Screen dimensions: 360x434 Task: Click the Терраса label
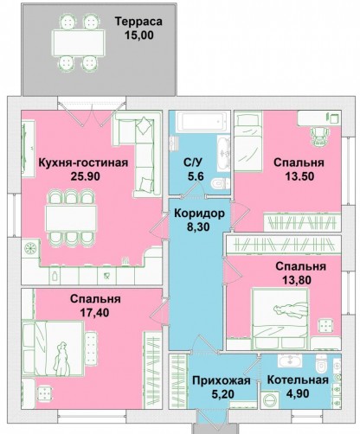(x=138, y=22)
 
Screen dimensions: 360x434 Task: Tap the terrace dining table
(x=78, y=42)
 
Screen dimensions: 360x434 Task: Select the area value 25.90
(x=86, y=176)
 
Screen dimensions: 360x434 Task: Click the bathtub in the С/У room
(x=200, y=122)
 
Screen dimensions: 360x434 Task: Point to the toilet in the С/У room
(x=220, y=183)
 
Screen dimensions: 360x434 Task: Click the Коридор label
(x=199, y=214)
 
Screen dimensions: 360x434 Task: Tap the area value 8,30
(x=198, y=227)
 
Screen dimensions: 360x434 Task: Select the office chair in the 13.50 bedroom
(x=319, y=136)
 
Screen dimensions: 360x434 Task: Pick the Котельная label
(x=298, y=380)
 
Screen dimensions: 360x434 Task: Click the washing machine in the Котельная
(x=269, y=400)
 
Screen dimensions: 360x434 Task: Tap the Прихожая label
(x=222, y=380)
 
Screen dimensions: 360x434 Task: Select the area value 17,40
(x=94, y=313)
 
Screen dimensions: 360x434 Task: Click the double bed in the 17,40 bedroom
(x=53, y=348)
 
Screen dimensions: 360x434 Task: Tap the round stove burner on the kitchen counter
(x=30, y=248)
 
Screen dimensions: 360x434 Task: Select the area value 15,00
(x=139, y=35)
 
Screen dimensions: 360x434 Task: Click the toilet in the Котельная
(x=321, y=364)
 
